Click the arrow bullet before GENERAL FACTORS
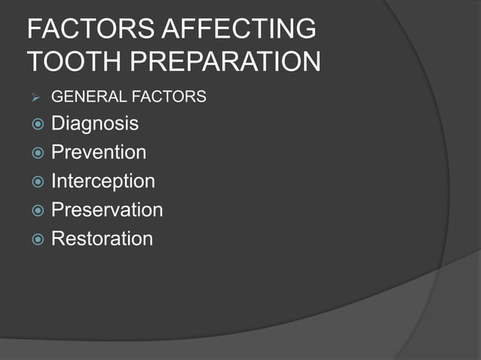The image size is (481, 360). [33, 97]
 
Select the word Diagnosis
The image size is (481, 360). [95, 124]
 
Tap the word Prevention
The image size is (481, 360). [99, 152]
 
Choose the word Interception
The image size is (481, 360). [103, 182]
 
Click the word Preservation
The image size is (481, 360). [107, 210]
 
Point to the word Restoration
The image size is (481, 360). [102, 239]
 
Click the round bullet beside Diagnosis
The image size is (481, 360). [36, 124]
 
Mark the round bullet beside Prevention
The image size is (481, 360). [36, 153]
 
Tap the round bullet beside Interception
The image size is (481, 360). [36, 182]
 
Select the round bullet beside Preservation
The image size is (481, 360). [36, 210]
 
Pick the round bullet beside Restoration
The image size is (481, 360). [36, 239]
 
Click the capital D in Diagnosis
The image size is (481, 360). [58, 123]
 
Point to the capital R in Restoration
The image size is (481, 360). [58, 239]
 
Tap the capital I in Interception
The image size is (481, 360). [54, 182]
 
